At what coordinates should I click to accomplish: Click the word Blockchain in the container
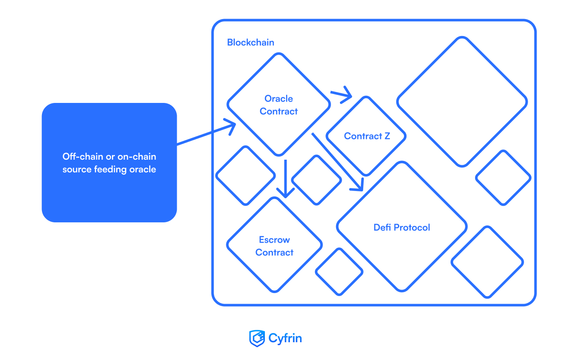(x=250, y=43)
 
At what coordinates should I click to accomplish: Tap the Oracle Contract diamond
(x=278, y=105)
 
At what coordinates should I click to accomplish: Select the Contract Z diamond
(x=366, y=136)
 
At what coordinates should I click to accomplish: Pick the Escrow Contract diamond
(x=274, y=246)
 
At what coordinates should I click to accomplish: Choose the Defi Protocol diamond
(x=401, y=227)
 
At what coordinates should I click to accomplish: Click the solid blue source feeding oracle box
(x=109, y=162)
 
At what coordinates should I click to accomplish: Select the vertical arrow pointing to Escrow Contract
(x=286, y=178)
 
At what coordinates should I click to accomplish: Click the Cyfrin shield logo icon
(x=256, y=338)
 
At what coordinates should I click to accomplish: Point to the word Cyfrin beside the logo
(x=285, y=338)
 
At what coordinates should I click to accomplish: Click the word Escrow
(x=274, y=240)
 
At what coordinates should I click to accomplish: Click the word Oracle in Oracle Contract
(x=278, y=99)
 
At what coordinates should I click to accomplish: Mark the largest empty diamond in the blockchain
(x=462, y=102)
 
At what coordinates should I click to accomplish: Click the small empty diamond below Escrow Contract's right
(x=339, y=271)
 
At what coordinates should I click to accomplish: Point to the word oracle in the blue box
(x=143, y=169)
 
